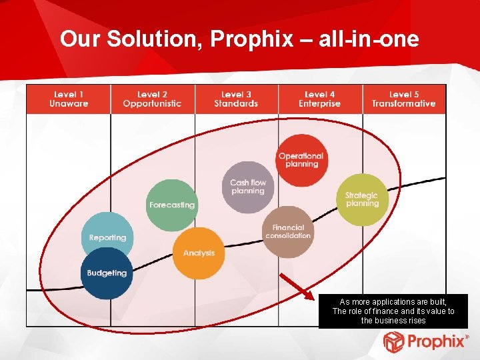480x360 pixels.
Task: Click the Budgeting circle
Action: [x=107, y=273]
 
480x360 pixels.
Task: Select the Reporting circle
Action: [x=108, y=237]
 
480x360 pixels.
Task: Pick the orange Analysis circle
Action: [x=199, y=253]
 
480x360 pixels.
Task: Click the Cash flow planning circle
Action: [x=248, y=187]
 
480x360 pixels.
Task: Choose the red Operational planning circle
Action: [x=301, y=160]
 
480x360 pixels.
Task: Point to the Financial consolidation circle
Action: [x=288, y=231]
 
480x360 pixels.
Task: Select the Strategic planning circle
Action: [x=362, y=199]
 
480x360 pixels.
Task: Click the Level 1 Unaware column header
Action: [x=69, y=99]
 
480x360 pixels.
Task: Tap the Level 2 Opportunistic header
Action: [x=152, y=99]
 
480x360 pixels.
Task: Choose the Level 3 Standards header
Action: [x=236, y=99]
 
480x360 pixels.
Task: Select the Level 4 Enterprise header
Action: [x=319, y=99]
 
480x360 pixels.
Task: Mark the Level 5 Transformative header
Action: [x=403, y=99]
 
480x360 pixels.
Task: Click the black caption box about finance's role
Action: [x=393, y=311]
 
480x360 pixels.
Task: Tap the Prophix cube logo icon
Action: [x=393, y=342]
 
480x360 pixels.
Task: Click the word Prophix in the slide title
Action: [x=251, y=40]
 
